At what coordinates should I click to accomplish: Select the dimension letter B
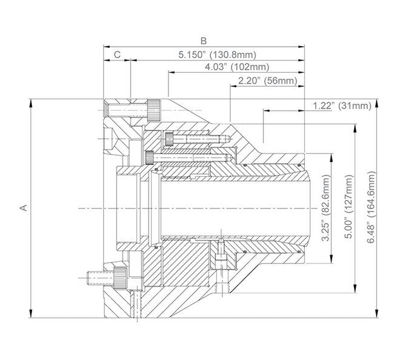pos(204,41)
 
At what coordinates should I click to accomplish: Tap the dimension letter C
pos(118,55)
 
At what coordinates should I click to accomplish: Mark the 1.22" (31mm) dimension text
pos(342,105)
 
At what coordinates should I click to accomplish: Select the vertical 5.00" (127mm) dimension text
pos(347,208)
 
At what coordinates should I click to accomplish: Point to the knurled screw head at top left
pos(155,111)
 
